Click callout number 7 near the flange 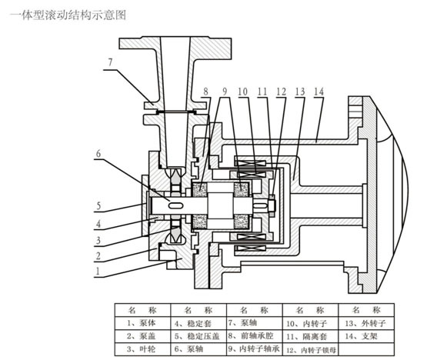click(x=110, y=62)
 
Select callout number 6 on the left click(x=98, y=154)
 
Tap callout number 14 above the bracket click(x=319, y=92)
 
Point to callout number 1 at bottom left click(x=98, y=271)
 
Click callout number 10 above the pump click(x=242, y=92)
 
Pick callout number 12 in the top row click(x=281, y=92)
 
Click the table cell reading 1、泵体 click(x=142, y=323)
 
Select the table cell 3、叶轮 click(x=142, y=348)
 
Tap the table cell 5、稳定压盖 click(x=197, y=336)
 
